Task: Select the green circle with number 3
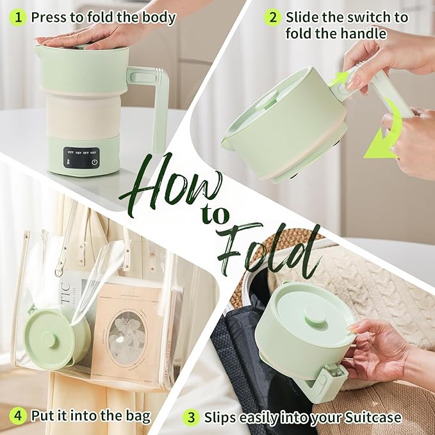click(191, 417)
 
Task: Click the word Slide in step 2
click(303, 17)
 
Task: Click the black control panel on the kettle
click(80, 158)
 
